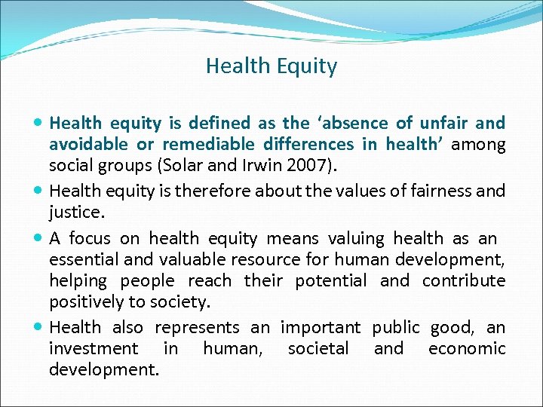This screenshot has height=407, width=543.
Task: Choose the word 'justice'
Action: click(74, 213)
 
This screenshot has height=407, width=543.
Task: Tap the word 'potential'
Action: click(330, 280)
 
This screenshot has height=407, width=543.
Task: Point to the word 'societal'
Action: click(318, 349)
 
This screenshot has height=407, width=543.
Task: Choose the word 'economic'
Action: click(467, 349)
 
